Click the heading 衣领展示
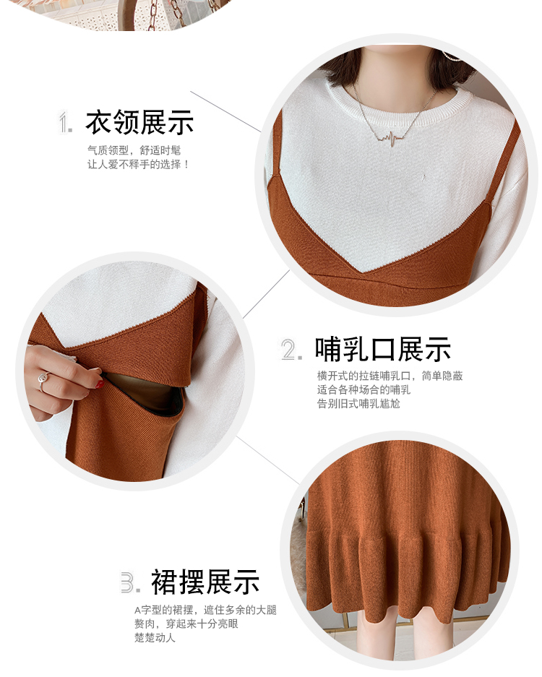coord(139,123)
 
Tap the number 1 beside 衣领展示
coord(65,123)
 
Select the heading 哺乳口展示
coord(382,349)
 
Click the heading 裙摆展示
coord(205,582)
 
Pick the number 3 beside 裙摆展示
coord(130,582)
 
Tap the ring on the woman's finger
coord(43,380)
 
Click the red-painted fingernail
coord(100,384)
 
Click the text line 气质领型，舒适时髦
coord(134,150)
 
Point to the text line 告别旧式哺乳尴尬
coord(358,404)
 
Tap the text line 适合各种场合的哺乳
coord(364,390)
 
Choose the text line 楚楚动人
coord(155,638)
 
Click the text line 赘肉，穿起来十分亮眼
coord(186,624)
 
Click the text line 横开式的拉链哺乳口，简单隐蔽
coord(390,376)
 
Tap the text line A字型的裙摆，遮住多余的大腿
coord(205,610)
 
